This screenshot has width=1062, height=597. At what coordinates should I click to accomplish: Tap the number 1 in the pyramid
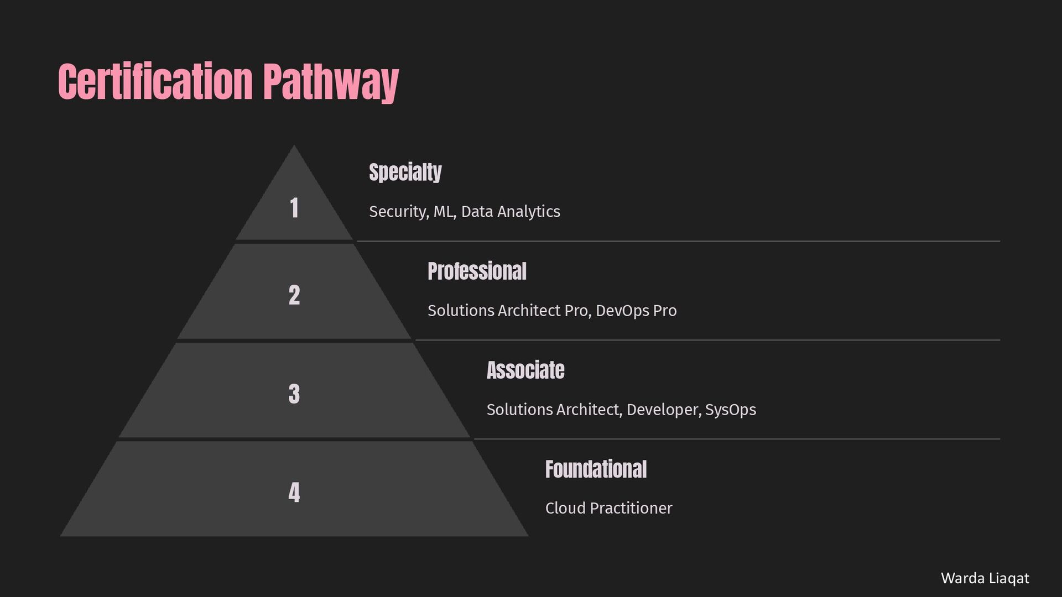pyautogui.click(x=294, y=208)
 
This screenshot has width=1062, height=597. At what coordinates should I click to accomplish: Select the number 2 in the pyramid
pyautogui.click(x=294, y=295)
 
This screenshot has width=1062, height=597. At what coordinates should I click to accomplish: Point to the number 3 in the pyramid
pyautogui.click(x=294, y=394)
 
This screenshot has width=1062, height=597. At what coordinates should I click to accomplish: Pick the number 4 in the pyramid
pyautogui.click(x=294, y=493)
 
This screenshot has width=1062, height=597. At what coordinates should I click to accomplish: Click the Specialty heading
pyautogui.click(x=405, y=172)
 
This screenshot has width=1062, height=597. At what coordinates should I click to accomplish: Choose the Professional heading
pyautogui.click(x=477, y=271)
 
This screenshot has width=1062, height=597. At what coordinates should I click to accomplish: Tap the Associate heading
pyautogui.click(x=525, y=370)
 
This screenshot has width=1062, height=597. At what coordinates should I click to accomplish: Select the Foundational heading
pyautogui.click(x=596, y=469)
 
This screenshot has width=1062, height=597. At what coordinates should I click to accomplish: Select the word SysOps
pyautogui.click(x=730, y=410)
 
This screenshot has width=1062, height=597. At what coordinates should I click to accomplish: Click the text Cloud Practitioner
pyautogui.click(x=608, y=509)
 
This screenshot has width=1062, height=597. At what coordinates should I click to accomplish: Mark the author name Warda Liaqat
pyautogui.click(x=985, y=578)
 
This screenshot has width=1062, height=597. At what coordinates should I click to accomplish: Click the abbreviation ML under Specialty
pyautogui.click(x=444, y=212)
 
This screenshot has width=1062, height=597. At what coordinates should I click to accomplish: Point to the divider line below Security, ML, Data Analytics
pyautogui.click(x=678, y=242)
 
